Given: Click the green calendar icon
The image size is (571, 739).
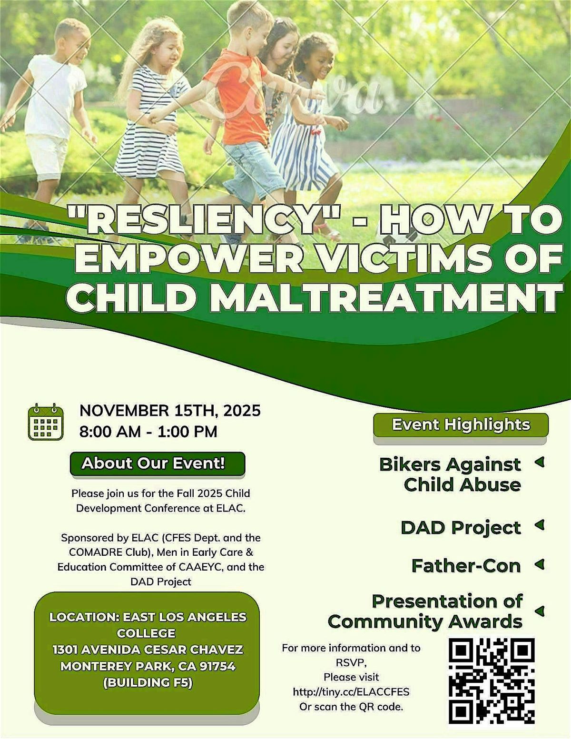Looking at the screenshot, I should (x=45, y=422).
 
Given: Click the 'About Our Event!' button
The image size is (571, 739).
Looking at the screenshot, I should (x=157, y=463).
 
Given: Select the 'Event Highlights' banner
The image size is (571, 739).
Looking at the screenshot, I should (x=461, y=424).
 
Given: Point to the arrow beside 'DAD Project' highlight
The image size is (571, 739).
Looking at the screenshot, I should (x=539, y=525).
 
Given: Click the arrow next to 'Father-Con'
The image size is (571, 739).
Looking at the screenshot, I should (x=539, y=564).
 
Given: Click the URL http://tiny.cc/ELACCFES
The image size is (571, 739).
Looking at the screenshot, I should (x=351, y=691).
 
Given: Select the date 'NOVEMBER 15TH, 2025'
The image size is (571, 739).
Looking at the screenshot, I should (x=170, y=410).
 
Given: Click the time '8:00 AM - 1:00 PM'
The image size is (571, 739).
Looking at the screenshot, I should (x=148, y=432).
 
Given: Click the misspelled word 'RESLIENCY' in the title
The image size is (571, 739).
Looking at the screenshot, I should (x=202, y=220).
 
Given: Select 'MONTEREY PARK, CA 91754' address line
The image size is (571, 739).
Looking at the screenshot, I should (x=148, y=666).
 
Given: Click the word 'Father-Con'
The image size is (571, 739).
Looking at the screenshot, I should (x=466, y=566).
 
